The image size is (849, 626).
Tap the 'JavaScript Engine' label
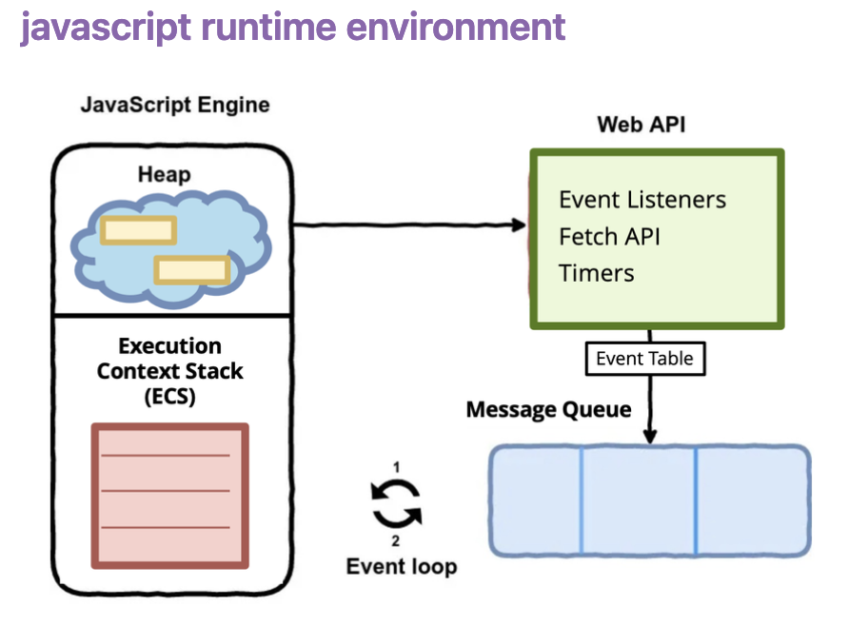pos(175,105)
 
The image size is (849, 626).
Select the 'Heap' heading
pos(164,174)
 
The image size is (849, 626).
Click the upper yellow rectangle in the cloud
pos(139,230)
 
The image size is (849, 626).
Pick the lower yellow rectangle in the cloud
pos(193,270)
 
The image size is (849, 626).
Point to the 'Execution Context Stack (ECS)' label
pos(170,371)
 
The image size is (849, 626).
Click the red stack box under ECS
pos(169,496)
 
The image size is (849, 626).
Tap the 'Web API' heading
pos(641,125)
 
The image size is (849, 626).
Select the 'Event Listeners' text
pos(642,200)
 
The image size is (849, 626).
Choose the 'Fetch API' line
pos(609,236)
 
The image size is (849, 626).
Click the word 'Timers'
pos(597,273)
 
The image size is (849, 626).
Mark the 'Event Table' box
pos(645,359)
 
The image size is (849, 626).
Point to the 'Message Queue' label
pos(548,410)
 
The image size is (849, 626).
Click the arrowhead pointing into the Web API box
pos(519,225)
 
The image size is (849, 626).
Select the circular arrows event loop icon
pos(396,503)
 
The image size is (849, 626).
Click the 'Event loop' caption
pos(401,567)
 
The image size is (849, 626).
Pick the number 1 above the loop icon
pos(396,466)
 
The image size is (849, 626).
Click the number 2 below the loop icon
pos(396,540)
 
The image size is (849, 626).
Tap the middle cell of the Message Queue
pos(638,500)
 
